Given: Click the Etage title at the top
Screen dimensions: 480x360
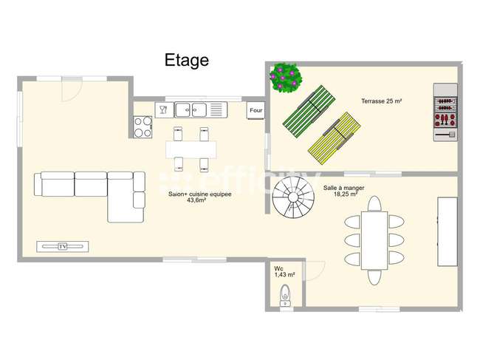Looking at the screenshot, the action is (187, 60).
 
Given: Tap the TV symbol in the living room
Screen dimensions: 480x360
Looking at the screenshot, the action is (63, 247).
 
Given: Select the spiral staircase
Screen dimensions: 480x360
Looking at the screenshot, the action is (293, 197).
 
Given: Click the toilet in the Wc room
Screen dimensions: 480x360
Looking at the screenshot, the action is (285, 296).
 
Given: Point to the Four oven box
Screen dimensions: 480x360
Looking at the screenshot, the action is (256, 110).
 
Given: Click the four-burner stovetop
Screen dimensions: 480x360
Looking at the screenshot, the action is (143, 127).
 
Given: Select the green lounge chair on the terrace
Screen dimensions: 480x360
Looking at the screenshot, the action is (309, 111).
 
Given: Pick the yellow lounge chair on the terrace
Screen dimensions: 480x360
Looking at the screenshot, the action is (334, 138).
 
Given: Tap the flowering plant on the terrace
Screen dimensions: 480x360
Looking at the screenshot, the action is (286, 78).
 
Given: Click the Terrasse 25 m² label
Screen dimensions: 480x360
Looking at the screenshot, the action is (382, 101).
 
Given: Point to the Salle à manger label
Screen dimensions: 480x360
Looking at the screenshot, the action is (344, 188).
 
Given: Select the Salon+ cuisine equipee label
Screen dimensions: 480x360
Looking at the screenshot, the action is (200, 194).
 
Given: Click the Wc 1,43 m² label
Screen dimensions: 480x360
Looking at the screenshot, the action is (284, 272).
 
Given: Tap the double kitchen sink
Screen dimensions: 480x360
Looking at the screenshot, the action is (191, 109).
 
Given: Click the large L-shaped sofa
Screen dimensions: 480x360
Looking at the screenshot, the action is (89, 197).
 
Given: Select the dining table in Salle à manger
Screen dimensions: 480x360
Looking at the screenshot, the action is (374, 240).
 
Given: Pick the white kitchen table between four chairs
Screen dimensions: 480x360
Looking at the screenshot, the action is (191, 149).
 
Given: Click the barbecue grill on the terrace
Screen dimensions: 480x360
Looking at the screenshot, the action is (445, 112).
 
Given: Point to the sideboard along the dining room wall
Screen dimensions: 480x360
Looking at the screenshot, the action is (448, 231).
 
